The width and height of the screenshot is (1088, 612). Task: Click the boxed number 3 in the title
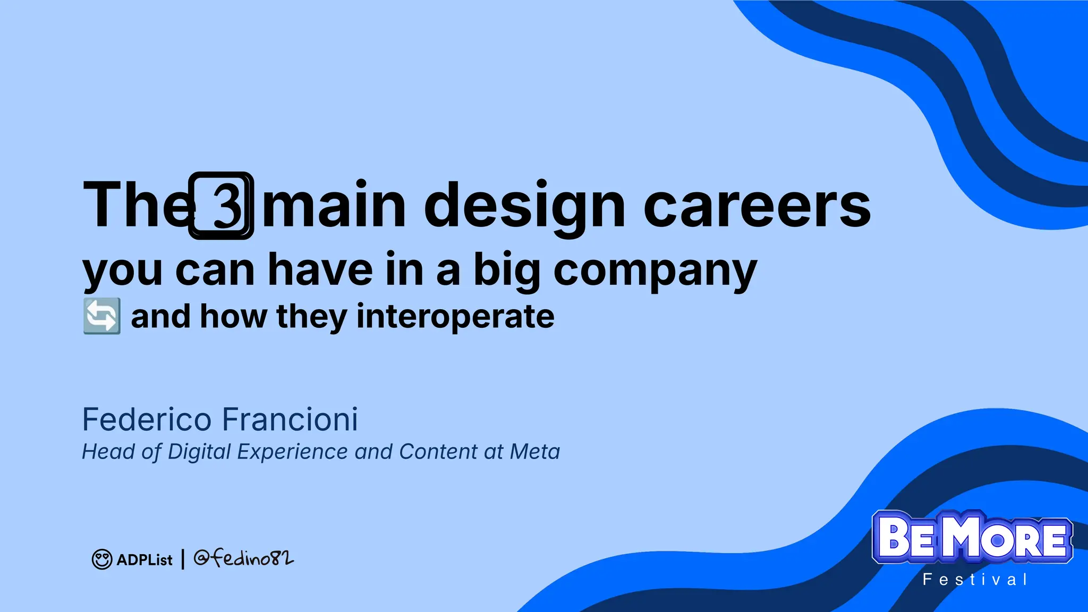coord(221,206)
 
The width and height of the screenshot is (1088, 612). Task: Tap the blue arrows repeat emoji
coord(102,316)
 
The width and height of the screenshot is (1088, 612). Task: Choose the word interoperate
coord(455,317)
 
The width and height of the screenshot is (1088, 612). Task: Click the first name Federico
coord(147,420)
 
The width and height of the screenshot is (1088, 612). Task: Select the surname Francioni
coord(290,420)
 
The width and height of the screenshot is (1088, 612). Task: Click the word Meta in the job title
coord(534,452)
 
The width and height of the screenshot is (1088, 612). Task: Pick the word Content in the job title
coord(438,452)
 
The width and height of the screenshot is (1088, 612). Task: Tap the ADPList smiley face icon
coord(102,559)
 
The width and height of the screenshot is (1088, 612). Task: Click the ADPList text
coord(144,560)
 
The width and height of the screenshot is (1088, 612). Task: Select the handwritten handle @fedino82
coord(243,558)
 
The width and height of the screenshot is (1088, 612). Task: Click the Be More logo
coord(972,538)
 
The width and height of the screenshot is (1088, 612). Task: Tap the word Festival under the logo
coord(975,580)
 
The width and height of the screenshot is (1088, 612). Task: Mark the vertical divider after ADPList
coord(183,559)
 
